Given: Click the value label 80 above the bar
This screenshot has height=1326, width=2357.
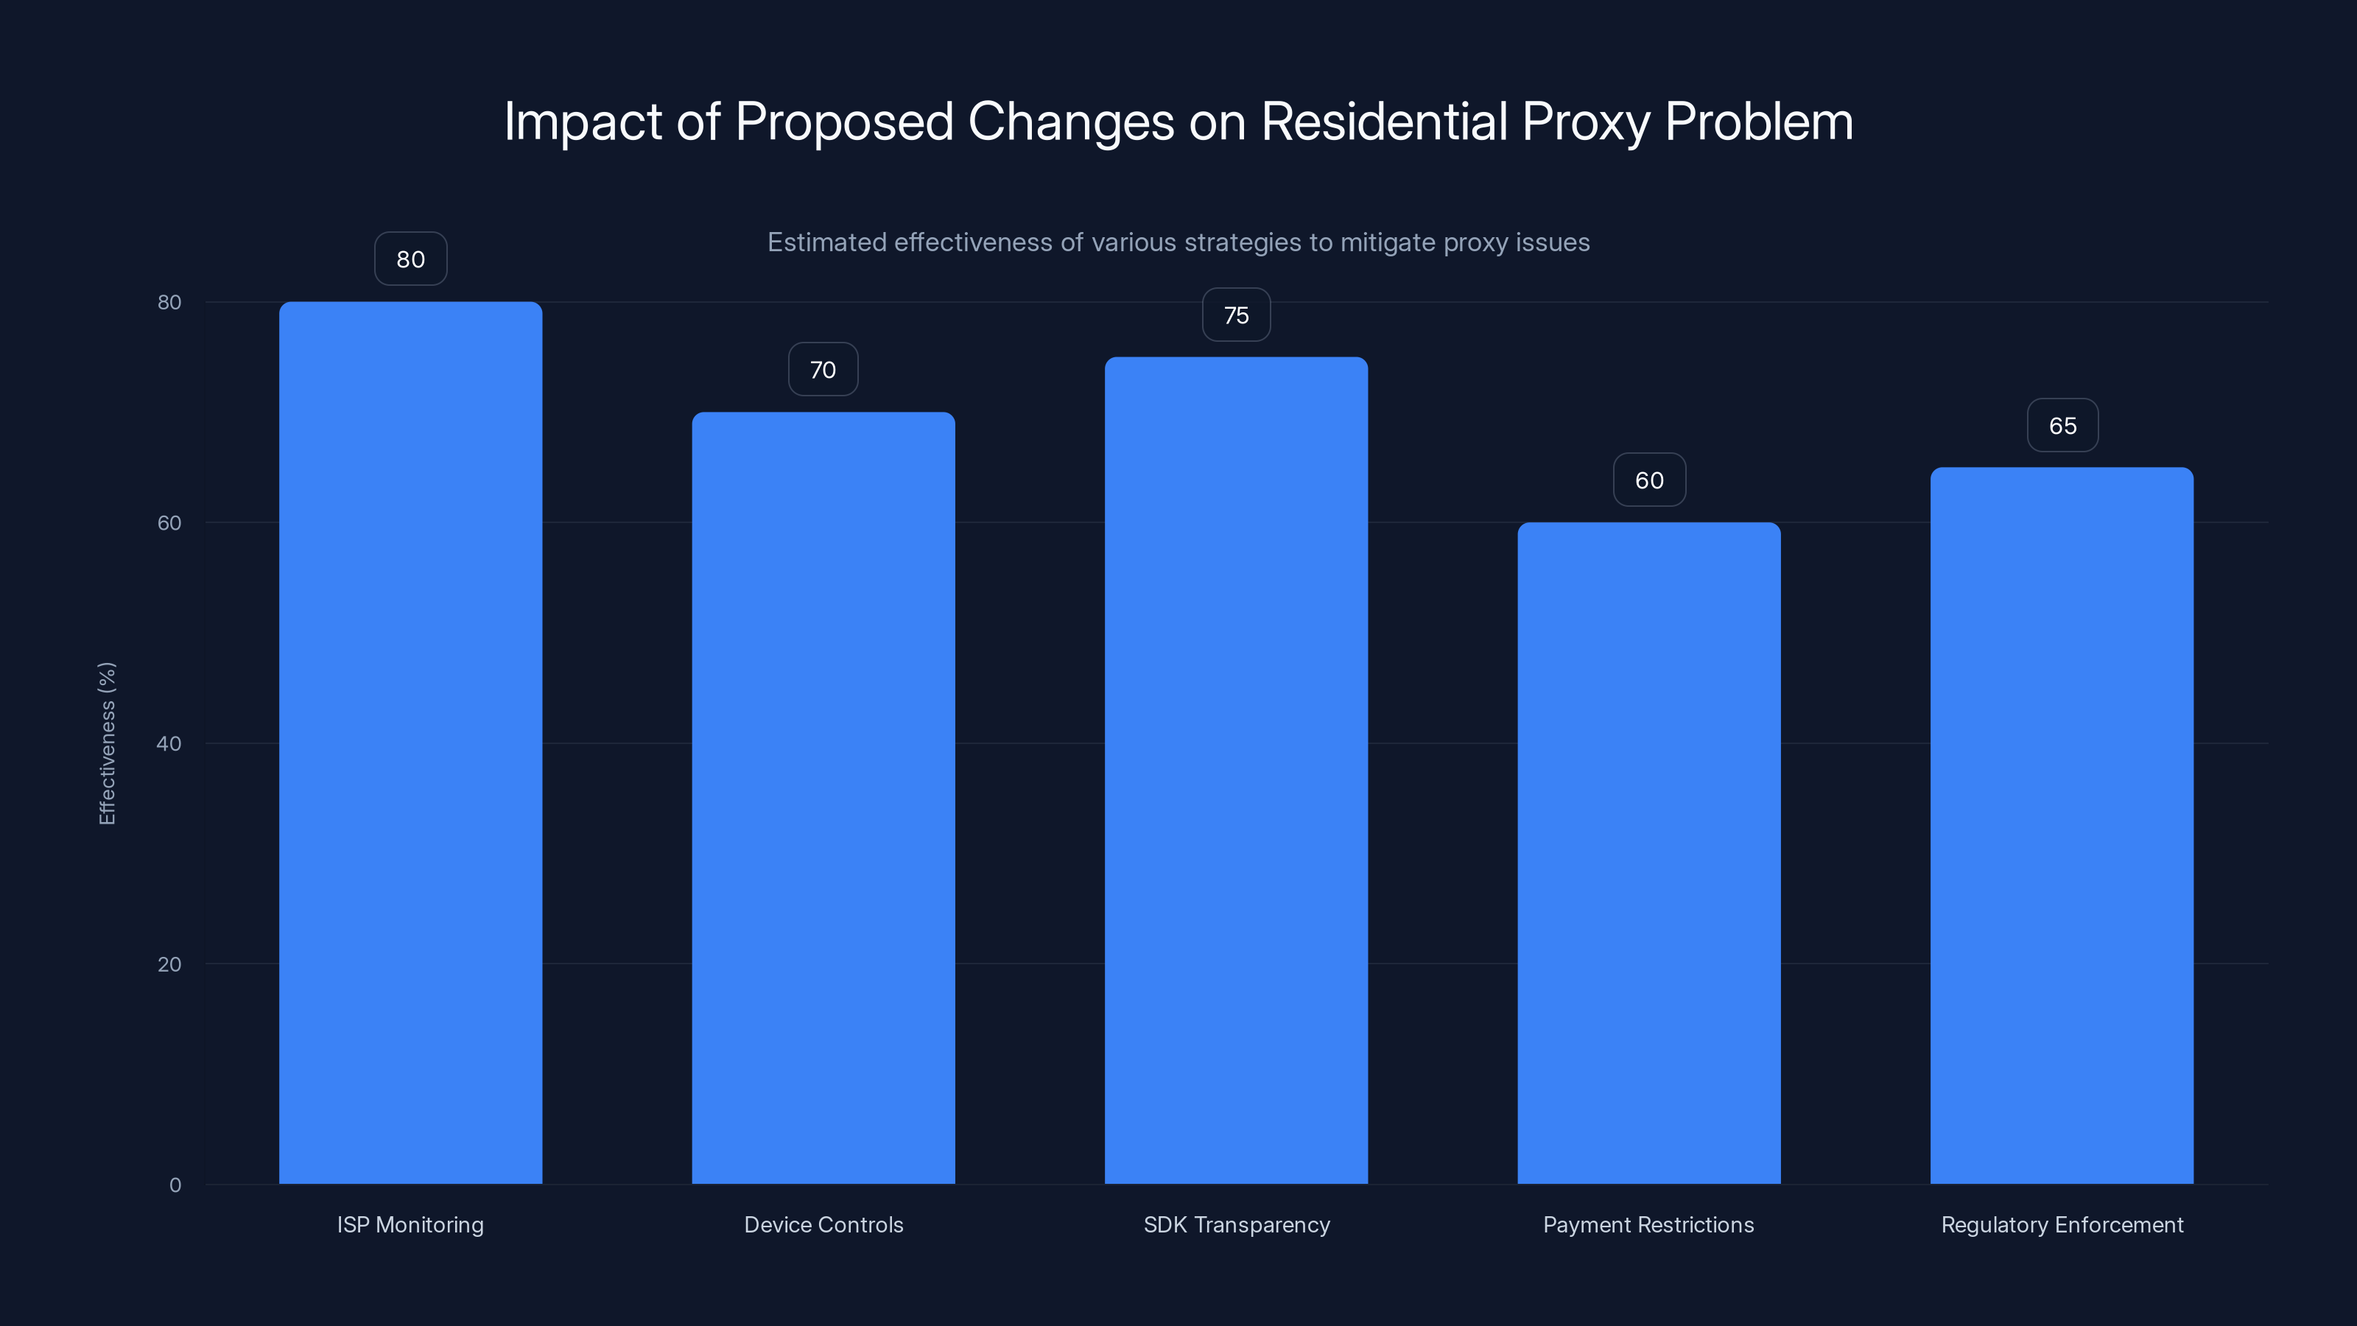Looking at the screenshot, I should point(410,259).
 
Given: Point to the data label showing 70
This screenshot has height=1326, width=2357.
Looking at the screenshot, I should point(823,370).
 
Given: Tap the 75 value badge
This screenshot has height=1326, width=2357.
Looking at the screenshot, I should point(1235,315).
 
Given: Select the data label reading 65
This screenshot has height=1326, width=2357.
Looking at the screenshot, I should point(2062,426).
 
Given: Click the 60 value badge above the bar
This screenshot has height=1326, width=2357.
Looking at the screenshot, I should point(1649,480).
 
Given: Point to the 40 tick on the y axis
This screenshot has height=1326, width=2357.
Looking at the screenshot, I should point(169,743).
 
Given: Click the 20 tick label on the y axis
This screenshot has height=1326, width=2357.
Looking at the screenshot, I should point(169,964).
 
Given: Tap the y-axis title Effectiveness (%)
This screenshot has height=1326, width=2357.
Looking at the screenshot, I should point(107,743).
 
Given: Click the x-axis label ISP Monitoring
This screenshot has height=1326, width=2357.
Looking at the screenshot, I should point(410,1224).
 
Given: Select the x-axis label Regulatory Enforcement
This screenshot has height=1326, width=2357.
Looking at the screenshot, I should point(2062,1224).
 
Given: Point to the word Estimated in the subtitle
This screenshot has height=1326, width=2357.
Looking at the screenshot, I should point(826,242).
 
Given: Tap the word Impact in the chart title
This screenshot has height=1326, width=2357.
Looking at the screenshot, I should point(582,121).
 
